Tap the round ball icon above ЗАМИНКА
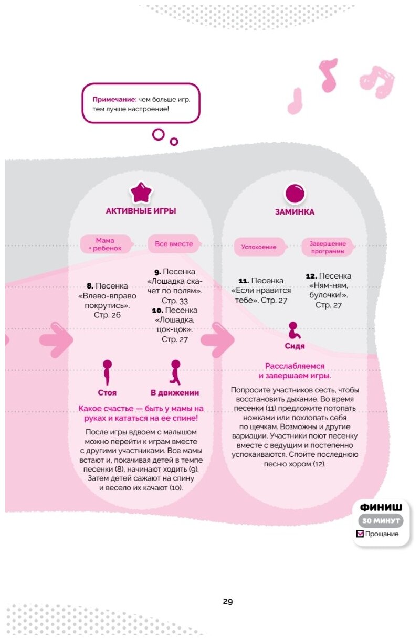[x=295, y=194]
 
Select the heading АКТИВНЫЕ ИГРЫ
[x=141, y=211]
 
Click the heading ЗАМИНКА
[x=295, y=212]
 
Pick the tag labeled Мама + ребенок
[x=105, y=244]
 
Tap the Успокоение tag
[x=259, y=246]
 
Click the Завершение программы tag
[x=327, y=247]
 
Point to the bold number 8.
[x=90, y=286]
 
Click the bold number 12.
[x=310, y=276]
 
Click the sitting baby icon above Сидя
[x=295, y=330]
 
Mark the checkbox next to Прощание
[x=360, y=534]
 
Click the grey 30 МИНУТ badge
[x=381, y=521]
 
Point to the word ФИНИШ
[x=381, y=507]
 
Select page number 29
[x=227, y=601]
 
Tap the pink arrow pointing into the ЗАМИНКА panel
[x=217, y=339]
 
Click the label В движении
[x=175, y=392]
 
